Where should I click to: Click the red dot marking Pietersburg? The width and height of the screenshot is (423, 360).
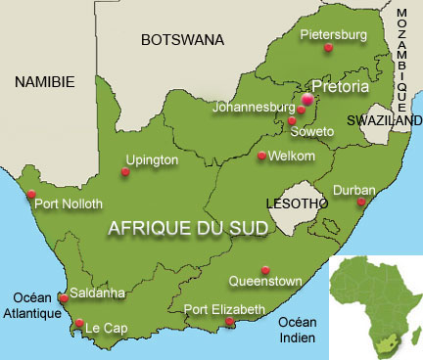click(329, 47)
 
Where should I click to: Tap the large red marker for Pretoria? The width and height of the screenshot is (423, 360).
click(307, 99)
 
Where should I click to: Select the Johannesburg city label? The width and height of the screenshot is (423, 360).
click(255, 107)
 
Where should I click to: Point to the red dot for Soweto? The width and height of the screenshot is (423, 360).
click(292, 121)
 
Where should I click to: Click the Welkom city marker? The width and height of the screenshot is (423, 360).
click(261, 156)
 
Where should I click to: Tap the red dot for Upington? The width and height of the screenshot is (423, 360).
click(125, 172)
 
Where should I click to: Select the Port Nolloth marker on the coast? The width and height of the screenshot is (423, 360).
click(31, 193)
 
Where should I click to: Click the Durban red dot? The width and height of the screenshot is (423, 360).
click(360, 202)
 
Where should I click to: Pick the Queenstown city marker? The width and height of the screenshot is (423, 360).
click(265, 270)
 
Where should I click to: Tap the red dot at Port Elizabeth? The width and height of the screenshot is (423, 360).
click(229, 322)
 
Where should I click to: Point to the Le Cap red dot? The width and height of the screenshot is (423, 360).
click(79, 323)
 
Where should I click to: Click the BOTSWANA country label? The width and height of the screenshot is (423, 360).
click(182, 40)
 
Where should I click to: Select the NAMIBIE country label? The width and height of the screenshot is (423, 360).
click(44, 84)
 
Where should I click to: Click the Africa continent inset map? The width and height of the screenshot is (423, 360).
click(375, 299)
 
